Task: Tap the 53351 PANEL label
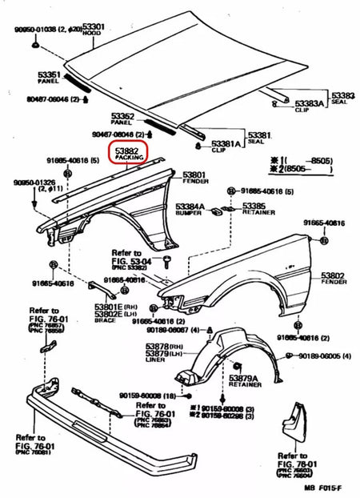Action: tap(48, 77)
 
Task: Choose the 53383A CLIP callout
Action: tap(308, 106)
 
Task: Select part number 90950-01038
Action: tap(44, 29)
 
